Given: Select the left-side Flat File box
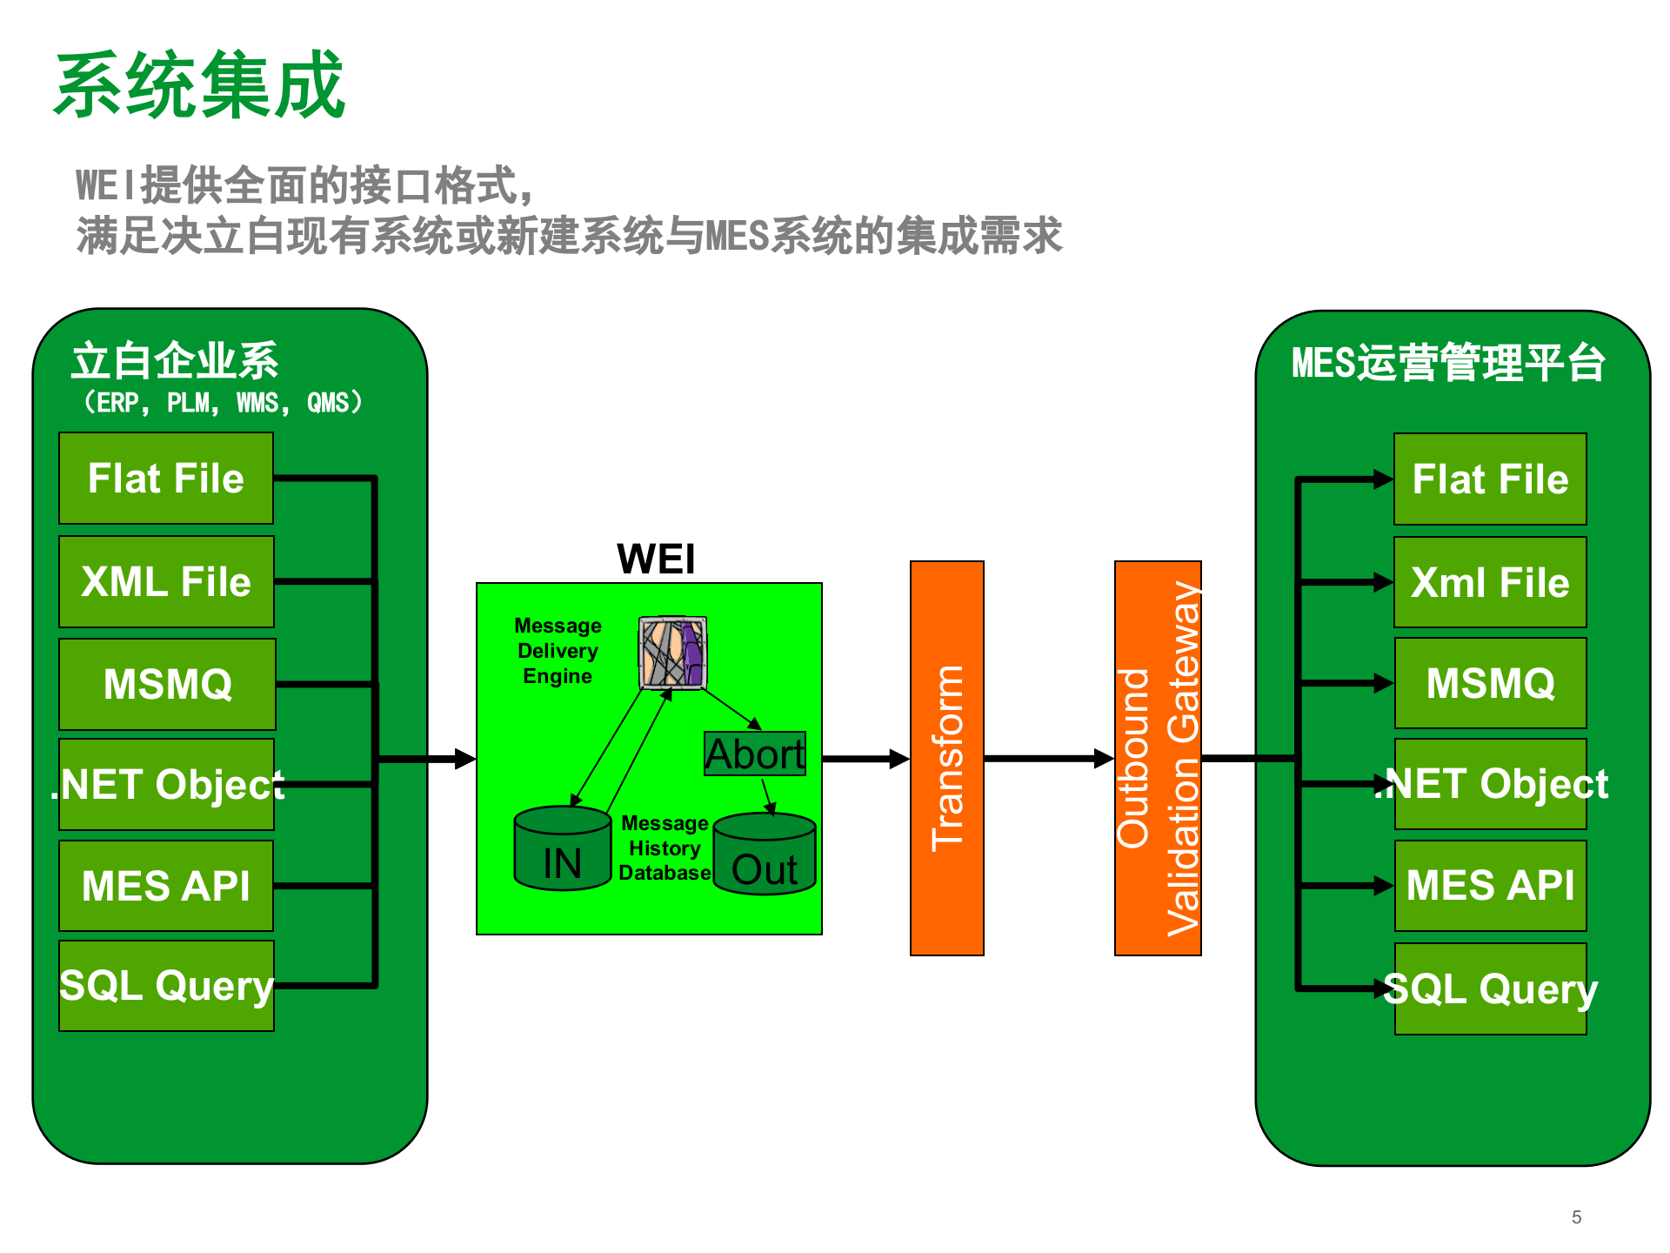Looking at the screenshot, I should pos(166,479).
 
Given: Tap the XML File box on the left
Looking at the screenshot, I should pos(166,581).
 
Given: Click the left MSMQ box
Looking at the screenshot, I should pos(167,684).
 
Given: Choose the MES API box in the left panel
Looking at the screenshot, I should pos(166,886).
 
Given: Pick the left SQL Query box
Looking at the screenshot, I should pos(166,986).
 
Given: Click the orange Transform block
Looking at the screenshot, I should pos(946,758).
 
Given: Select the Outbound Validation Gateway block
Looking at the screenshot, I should pos(1158,758).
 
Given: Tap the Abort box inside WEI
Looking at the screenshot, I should pos(755,754).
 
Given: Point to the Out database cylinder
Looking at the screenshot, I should pos(765,855).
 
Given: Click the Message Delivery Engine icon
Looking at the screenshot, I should pos(672,653).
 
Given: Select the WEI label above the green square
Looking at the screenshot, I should pos(656,559).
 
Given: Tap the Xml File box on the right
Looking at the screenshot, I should pos(1490,582).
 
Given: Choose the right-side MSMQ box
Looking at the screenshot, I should pos(1490,683).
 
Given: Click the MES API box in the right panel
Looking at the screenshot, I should pos(1490,886).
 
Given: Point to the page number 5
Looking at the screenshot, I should pos(1576,1217).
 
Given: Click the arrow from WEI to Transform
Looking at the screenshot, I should pos(865,759).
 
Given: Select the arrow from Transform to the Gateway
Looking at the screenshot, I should pos(1048,759).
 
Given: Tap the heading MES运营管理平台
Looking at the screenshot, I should pos(1448,363).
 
